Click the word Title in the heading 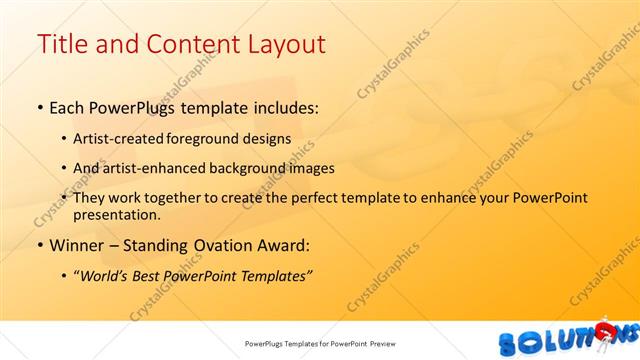61,44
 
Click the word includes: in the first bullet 285,106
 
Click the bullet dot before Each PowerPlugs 39,107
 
